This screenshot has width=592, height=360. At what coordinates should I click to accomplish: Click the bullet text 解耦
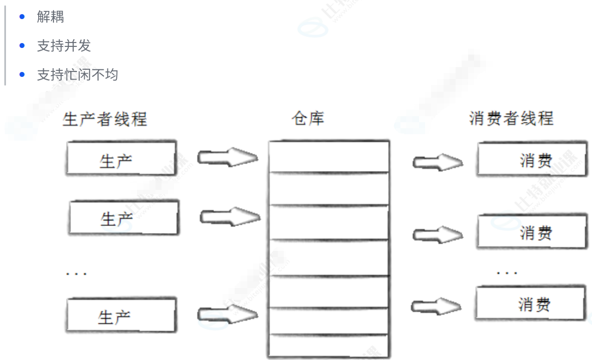pyautogui.click(x=50, y=17)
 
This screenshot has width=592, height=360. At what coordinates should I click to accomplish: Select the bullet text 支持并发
pyautogui.click(x=63, y=46)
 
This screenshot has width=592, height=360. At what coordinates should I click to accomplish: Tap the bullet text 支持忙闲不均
pyautogui.click(x=77, y=75)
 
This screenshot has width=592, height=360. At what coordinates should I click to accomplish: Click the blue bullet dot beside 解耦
pyautogui.click(x=22, y=17)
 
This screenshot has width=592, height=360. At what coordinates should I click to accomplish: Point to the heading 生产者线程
pyautogui.click(x=105, y=119)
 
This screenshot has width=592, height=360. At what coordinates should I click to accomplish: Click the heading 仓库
pyautogui.click(x=308, y=119)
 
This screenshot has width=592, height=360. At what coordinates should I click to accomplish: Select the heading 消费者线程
pyautogui.click(x=511, y=118)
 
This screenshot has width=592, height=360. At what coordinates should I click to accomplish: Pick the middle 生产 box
pyautogui.click(x=124, y=218)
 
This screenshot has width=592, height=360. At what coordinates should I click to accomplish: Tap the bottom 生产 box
pyautogui.click(x=121, y=315)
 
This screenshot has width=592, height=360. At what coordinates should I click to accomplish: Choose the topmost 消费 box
pyautogui.click(x=532, y=160)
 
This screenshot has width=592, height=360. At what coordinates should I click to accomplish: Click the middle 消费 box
pyautogui.click(x=533, y=232)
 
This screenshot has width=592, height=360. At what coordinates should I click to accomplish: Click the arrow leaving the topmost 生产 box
pyautogui.click(x=227, y=158)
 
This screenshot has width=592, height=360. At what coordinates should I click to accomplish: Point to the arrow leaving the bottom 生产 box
pyautogui.click(x=227, y=314)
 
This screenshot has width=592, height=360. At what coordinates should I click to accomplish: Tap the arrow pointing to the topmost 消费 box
pyautogui.click(x=438, y=162)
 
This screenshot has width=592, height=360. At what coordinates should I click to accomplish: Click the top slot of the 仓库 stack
pyautogui.click(x=329, y=157)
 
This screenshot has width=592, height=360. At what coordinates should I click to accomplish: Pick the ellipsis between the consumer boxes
pyautogui.click(x=507, y=271)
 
